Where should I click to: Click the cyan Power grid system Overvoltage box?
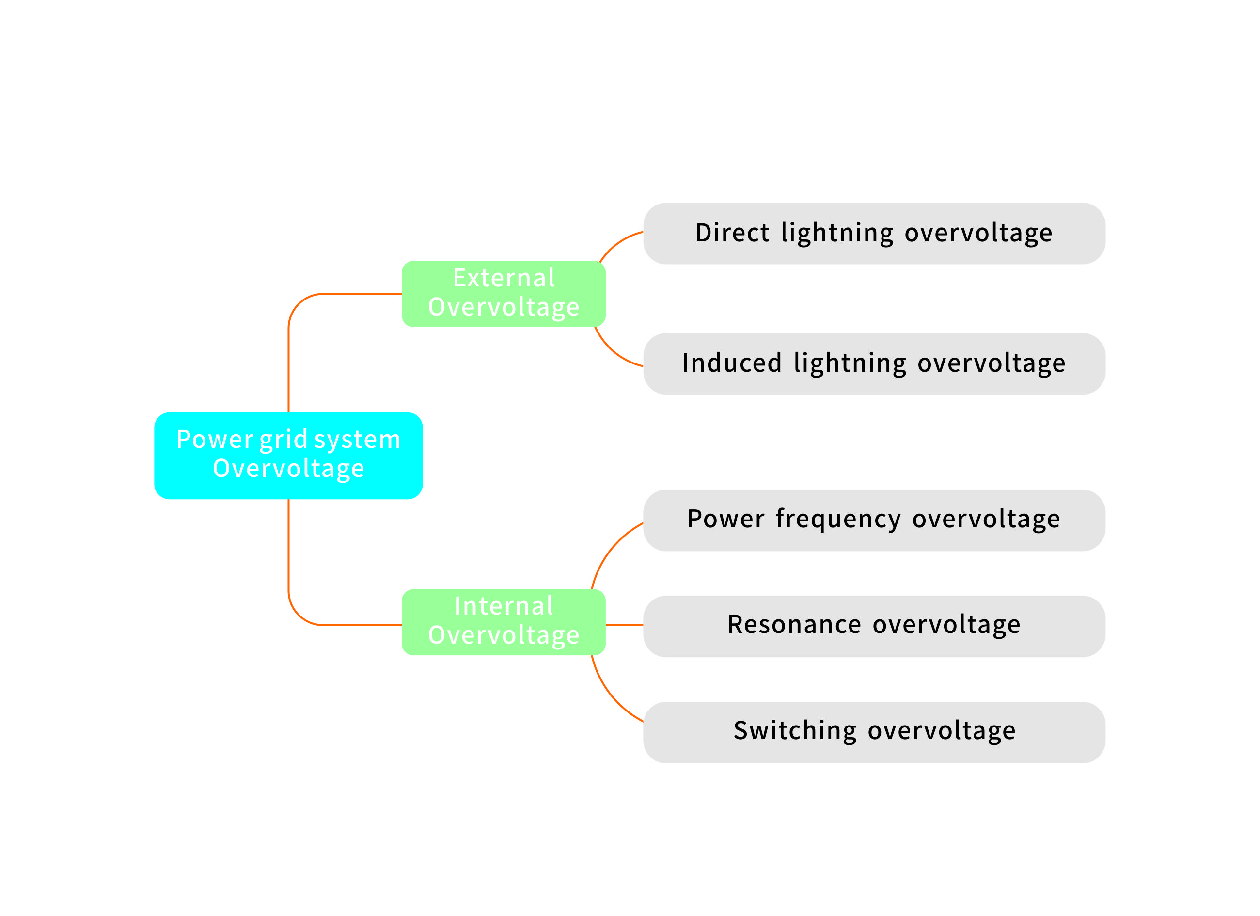pyautogui.click(x=288, y=456)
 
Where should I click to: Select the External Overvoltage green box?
pyautogui.click(x=504, y=294)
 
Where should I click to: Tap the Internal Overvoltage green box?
pyautogui.click(x=504, y=622)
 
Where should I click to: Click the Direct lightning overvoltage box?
pyautogui.click(x=874, y=233)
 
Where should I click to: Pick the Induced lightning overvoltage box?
pyautogui.click(x=874, y=364)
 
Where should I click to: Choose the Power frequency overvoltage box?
pyautogui.click(x=874, y=521)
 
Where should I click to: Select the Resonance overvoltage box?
pyautogui.click(x=874, y=626)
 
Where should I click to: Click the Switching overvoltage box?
pyautogui.click(x=874, y=732)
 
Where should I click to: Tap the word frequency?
pyautogui.click(x=838, y=520)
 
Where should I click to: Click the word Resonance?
pyautogui.click(x=794, y=624)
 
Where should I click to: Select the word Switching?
pyautogui.click(x=794, y=730)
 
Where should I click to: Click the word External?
pyautogui.click(x=504, y=278)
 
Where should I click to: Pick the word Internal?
pyautogui.click(x=504, y=606)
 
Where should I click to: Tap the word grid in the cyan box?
pyautogui.click(x=283, y=440)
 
